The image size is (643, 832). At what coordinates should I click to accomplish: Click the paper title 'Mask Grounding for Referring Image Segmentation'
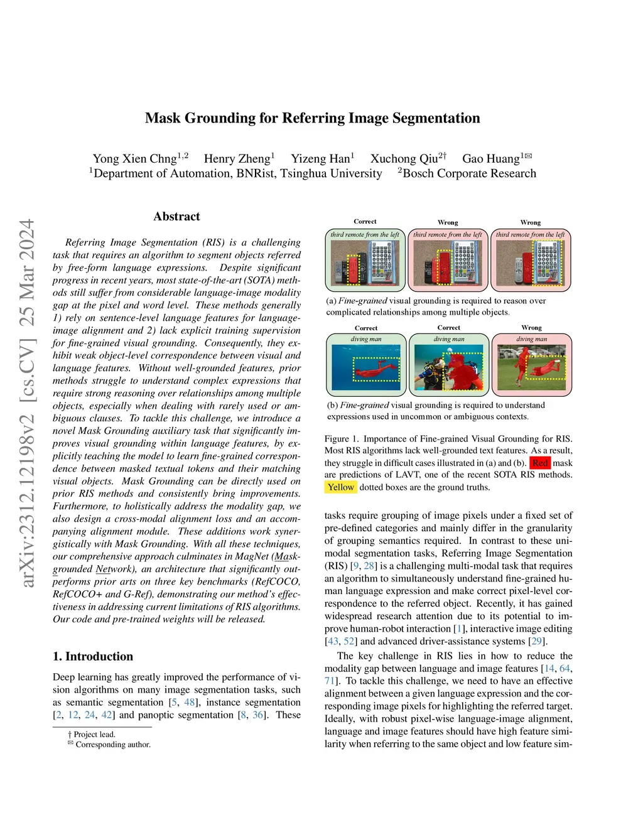click(312, 118)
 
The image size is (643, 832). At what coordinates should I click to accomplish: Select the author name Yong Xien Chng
click(134, 159)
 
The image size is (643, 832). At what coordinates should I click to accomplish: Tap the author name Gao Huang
click(490, 159)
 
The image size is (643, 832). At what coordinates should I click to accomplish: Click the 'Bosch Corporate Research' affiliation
click(469, 174)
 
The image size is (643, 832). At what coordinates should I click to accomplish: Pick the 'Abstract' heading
click(176, 217)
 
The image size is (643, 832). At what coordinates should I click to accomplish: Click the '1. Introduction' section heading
click(93, 656)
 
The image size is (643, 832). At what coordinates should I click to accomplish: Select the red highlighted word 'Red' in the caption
click(540, 463)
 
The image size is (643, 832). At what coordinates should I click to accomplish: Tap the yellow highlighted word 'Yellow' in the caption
click(340, 487)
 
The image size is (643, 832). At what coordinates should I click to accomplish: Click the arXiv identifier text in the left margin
click(27, 402)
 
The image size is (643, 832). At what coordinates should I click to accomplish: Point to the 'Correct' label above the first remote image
click(365, 222)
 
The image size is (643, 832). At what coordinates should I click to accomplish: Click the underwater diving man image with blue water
click(366, 369)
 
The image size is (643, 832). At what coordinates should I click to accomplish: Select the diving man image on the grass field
click(531, 369)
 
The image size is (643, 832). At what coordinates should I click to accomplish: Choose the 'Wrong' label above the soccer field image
click(531, 328)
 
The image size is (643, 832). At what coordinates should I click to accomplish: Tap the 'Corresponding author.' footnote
click(112, 745)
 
